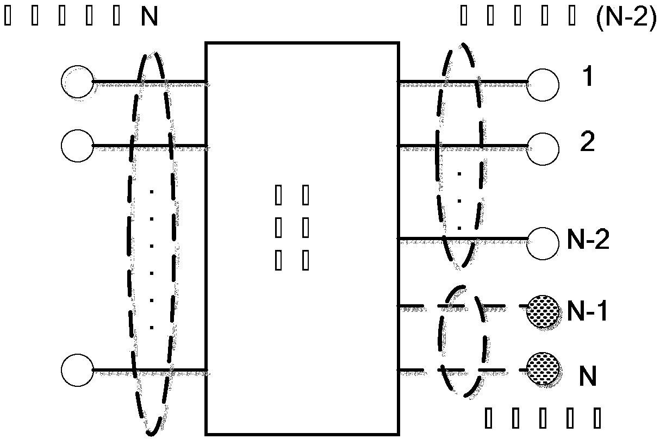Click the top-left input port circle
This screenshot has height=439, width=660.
pyautogui.click(x=77, y=83)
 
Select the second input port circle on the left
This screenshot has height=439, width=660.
pyautogui.click(x=77, y=146)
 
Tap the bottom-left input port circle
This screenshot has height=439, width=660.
pyautogui.click(x=77, y=371)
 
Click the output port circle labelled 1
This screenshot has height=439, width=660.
pyautogui.click(x=543, y=83)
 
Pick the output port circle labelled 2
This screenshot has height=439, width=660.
pyautogui.click(x=543, y=146)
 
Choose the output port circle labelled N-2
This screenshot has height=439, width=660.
pyautogui.click(x=543, y=239)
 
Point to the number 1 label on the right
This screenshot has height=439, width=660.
pyautogui.click(x=587, y=79)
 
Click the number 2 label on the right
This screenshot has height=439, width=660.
pyautogui.click(x=588, y=143)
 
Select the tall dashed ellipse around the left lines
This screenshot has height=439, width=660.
pyautogui.click(x=131, y=217)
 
